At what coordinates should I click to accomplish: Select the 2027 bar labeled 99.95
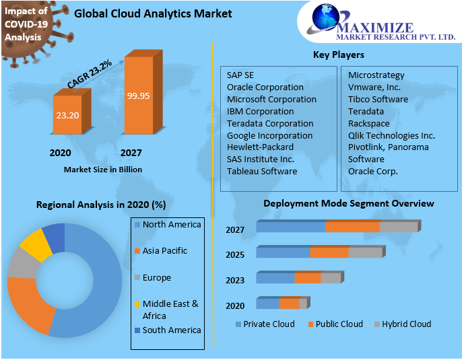(x=138, y=96)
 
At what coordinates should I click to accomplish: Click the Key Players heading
(x=339, y=55)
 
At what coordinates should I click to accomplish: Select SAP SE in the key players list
(x=240, y=75)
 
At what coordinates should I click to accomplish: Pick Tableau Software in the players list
(x=262, y=171)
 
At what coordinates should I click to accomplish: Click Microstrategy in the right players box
(x=376, y=75)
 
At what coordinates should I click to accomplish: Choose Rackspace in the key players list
(x=369, y=123)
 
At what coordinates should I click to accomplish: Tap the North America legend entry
(x=171, y=224)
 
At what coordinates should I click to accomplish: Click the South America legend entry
(x=171, y=330)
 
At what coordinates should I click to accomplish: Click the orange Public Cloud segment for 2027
(x=352, y=227)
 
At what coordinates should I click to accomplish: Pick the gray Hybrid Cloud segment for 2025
(x=364, y=252)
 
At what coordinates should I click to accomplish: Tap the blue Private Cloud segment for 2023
(x=275, y=278)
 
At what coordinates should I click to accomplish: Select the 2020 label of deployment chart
(x=235, y=305)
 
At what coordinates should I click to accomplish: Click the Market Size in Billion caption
(x=103, y=170)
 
